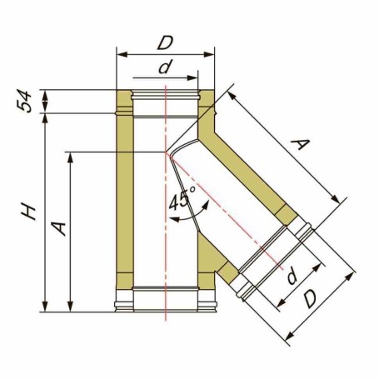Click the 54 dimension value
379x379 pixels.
pyautogui.click(x=24, y=101)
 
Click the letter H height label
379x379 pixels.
pyautogui.click(x=28, y=212)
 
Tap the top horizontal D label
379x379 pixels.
pyautogui.click(x=165, y=42)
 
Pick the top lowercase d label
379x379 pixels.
pyautogui.click(x=164, y=67)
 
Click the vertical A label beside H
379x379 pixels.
pyautogui.click(x=59, y=228)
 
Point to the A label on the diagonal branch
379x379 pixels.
pyautogui.click(x=300, y=144)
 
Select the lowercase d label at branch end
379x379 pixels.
pyautogui.click(x=292, y=277)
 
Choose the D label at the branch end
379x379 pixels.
pyautogui.click(x=310, y=299)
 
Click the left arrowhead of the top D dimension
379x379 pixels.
pyautogui.click(x=122, y=54)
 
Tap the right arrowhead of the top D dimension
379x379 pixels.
pyautogui.click(x=209, y=54)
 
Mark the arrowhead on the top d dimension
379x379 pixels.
pyautogui.click(x=192, y=77)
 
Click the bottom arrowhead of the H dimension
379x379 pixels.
pyautogui.click(x=45, y=307)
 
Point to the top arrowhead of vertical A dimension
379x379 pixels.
pyautogui.click(x=70, y=157)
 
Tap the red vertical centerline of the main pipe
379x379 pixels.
pyautogui.click(x=166, y=202)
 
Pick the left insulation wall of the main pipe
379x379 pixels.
pyautogui.click(x=125, y=194)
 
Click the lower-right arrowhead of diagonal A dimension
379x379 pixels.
pyautogui.click(x=335, y=199)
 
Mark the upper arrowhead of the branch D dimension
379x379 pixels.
pyautogui.click(x=351, y=277)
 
